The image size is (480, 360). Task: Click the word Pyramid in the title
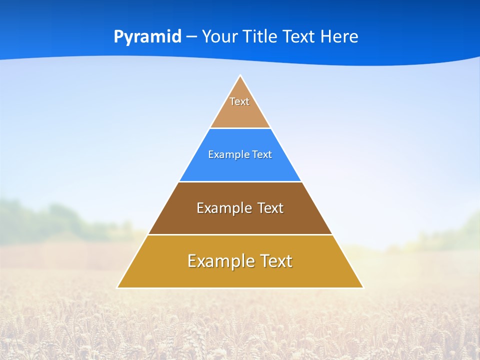(x=147, y=37)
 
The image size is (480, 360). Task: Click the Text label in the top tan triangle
(x=239, y=101)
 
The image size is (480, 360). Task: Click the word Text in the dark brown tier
(x=270, y=208)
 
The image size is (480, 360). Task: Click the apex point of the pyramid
(x=240, y=76)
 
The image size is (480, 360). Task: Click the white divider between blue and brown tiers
(x=240, y=181)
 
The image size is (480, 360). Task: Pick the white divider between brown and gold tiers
(x=240, y=234)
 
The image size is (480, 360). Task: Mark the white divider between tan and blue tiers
(x=240, y=128)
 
